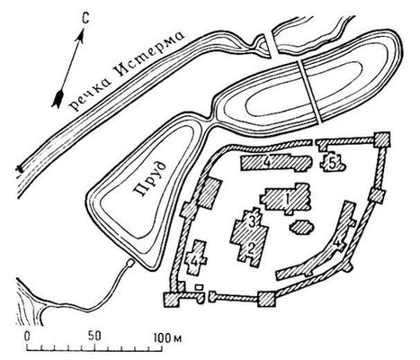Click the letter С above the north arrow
click(x=85, y=20)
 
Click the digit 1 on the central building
click(x=288, y=198)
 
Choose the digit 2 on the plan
click(x=250, y=248)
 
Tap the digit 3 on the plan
click(x=252, y=222)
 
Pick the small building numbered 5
click(x=334, y=163)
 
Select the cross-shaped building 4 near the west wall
click(x=196, y=257)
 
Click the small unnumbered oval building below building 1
click(x=301, y=227)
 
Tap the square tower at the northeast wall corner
click(x=382, y=139)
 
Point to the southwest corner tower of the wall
click(x=172, y=300)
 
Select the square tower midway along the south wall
click(x=266, y=299)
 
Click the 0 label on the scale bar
click(x=27, y=337)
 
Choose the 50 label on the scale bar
click(x=94, y=337)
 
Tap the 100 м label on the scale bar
click(x=168, y=338)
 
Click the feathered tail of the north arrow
click(x=58, y=99)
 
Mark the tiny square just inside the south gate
click(x=198, y=287)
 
